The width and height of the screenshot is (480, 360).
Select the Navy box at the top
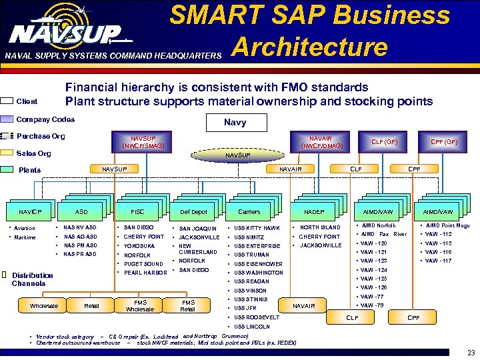click(235, 123)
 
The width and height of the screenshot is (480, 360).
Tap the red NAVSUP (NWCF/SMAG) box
click(143, 141)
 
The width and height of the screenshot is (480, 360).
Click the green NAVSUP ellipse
click(238, 155)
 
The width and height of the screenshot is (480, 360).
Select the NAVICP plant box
click(29, 212)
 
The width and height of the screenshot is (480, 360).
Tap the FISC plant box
click(138, 212)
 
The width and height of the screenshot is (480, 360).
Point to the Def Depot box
click(193, 212)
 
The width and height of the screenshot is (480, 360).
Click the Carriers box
click(249, 212)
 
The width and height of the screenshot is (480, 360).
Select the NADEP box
click(313, 212)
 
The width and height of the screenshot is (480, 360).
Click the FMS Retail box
click(188, 305)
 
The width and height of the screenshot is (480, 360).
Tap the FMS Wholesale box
click(139, 305)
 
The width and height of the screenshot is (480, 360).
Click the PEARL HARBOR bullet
click(145, 273)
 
